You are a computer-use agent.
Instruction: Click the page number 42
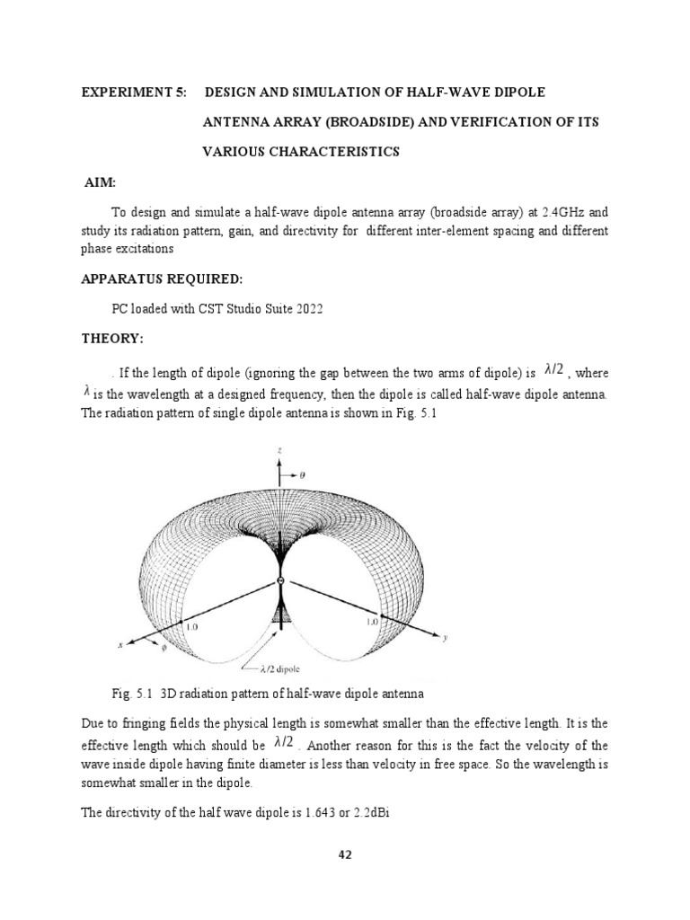point(344,854)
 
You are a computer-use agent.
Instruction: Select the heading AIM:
point(101,182)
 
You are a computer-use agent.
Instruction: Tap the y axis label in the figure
point(444,639)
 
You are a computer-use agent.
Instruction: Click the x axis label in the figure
point(120,645)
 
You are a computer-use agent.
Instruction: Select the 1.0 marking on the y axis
point(371,621)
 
